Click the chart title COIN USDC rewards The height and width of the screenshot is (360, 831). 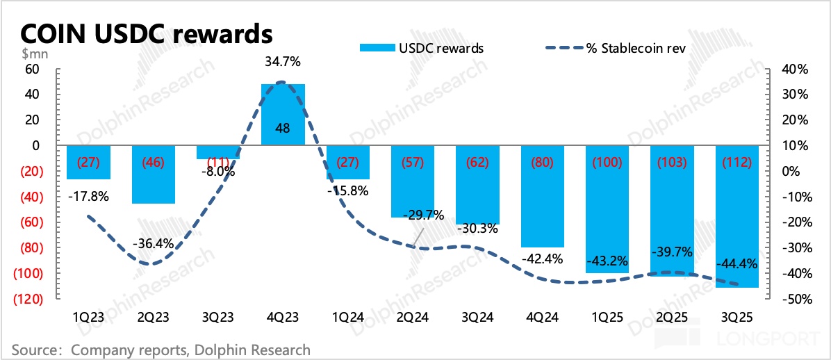(147, 33)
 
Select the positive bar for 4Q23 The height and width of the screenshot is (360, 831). (283, 115)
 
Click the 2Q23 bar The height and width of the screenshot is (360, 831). (153, 175)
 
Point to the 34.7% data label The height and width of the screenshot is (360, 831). (283, 62)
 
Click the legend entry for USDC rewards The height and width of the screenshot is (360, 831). (441, 48)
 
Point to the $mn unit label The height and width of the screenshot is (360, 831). (31, 55)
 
